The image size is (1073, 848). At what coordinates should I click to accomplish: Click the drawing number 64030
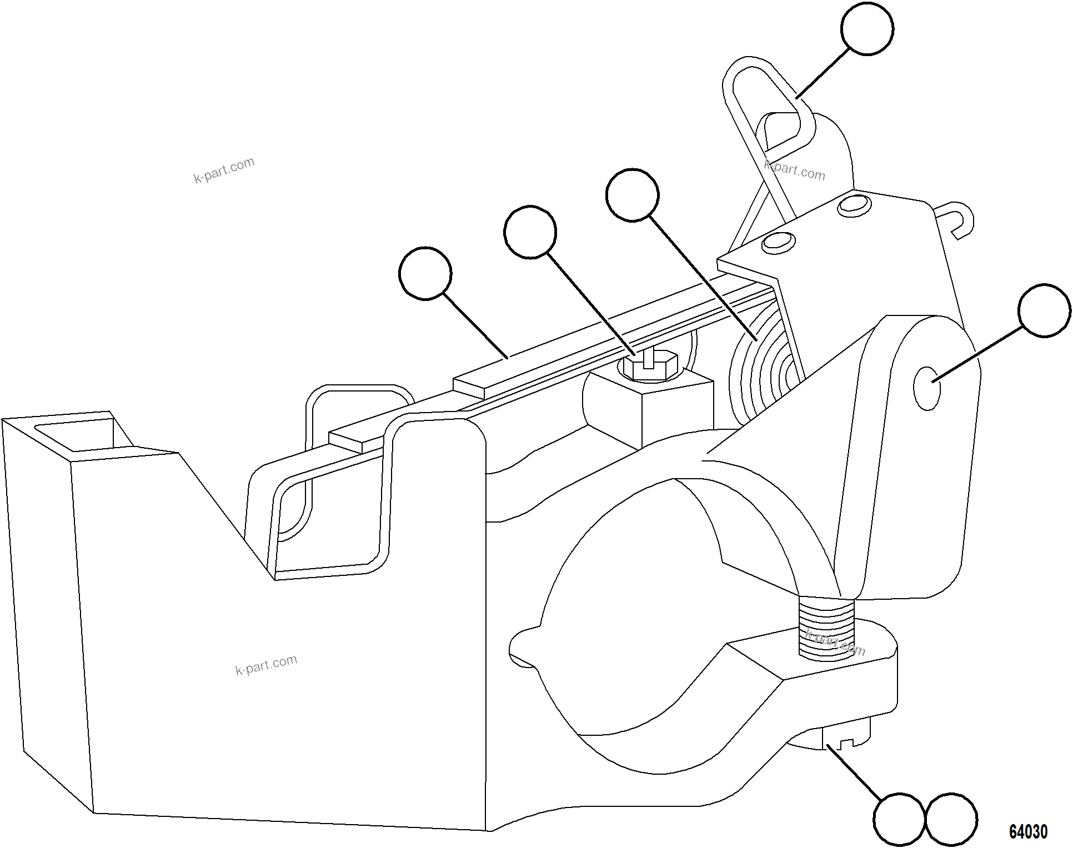(1028, 831)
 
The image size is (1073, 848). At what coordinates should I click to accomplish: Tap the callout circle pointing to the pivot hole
(1044, 310)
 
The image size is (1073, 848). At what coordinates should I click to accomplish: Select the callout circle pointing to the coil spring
(632, 195)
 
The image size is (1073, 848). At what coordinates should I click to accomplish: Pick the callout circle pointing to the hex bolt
(530, 232)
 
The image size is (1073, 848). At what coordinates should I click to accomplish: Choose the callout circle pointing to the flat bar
(425, 273)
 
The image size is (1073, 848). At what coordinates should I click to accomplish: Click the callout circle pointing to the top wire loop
(867, 28)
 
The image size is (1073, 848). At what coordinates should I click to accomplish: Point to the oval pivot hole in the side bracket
(927, 388)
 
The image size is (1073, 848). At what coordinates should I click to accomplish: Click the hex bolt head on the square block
(649, 367)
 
